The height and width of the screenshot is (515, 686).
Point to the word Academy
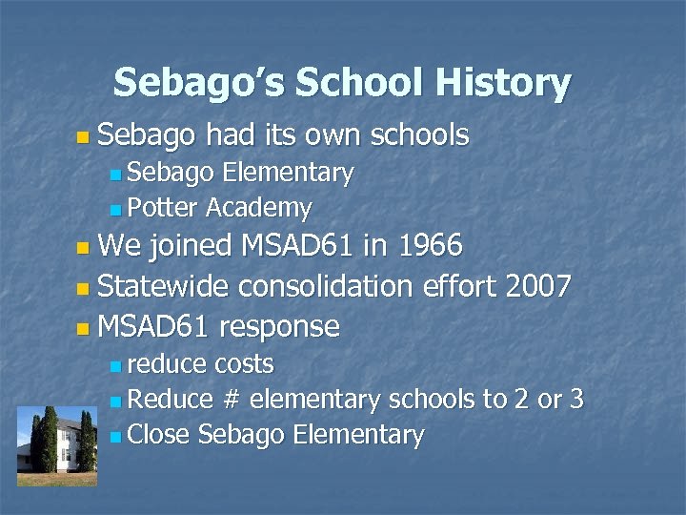coord(258,207)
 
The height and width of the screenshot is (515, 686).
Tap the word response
coord(278,326)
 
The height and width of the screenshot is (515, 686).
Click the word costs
coord(244,364)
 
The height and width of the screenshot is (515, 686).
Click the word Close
coord(158,435)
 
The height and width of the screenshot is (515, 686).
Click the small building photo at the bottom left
coord(57,444)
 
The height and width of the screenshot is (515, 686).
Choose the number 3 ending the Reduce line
coord(575,400)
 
